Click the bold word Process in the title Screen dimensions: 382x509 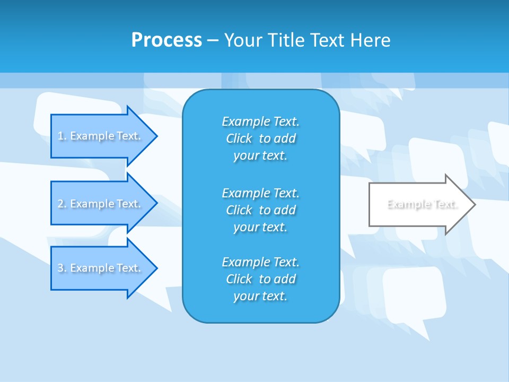coord(166,40)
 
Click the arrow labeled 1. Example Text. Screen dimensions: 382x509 coord(101,136)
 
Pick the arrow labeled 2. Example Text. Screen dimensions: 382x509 coord(101,204)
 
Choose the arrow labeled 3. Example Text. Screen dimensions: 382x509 coord(101,268)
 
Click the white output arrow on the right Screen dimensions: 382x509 coord(419,204)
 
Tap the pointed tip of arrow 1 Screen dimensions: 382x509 coord(156,136)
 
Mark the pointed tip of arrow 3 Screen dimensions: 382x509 coord(156,268)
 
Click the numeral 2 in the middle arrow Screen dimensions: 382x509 coord(60,204)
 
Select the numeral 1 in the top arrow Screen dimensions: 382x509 coord(60,136)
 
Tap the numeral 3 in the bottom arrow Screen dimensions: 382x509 coord(60,268)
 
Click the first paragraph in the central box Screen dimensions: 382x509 coord(260,138)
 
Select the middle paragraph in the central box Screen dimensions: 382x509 coord(260,210)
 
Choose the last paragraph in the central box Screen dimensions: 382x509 coord(260,279)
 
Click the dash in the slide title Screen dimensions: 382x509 coord(213,40)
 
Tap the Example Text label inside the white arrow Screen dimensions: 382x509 coord(422,204)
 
